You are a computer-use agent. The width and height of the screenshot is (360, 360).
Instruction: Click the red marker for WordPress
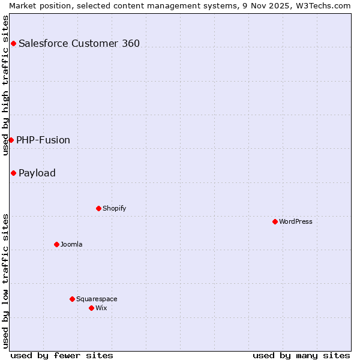275,221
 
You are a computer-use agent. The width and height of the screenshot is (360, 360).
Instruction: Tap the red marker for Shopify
98,208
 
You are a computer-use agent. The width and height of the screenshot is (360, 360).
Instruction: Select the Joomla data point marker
56,244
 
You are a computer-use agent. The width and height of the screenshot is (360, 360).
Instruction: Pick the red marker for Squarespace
72,299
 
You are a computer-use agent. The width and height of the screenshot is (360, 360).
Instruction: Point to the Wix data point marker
91,308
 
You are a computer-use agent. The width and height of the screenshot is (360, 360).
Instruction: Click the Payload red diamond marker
13,173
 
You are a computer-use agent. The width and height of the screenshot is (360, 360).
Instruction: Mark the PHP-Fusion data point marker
11,140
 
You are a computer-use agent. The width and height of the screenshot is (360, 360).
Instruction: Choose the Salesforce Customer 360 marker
13,43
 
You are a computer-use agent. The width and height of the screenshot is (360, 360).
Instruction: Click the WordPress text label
296,221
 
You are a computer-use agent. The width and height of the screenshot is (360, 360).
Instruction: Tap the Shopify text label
114,208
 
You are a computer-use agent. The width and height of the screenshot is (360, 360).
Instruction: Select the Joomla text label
71,244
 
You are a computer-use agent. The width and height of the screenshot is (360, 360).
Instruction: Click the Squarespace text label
97,299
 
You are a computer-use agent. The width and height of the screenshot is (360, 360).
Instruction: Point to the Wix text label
101,308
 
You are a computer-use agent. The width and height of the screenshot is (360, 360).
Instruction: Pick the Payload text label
37,173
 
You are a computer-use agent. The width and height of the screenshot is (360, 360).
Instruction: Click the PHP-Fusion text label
43,140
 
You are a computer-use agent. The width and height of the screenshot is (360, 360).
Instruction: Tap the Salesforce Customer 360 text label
79,43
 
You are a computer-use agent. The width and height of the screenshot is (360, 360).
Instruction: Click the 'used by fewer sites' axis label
62,355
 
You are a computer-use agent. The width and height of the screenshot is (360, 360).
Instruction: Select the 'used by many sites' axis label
301,355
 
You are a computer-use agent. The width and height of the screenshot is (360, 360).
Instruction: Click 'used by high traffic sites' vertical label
5,85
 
